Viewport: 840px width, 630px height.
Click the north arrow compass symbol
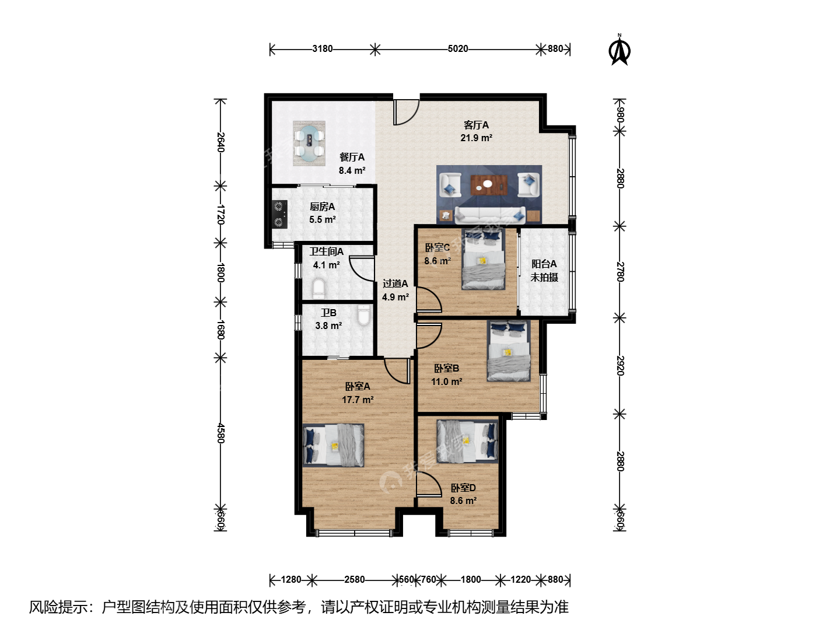pyautogui.click(x=619, y=50)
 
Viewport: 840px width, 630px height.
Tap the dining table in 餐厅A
pyautogui.click(x=309, y=143)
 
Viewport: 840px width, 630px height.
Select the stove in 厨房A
pyautogui.click(x=279, y=214)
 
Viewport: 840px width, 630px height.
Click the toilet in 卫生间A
pyautogui.click(x=318, y=289)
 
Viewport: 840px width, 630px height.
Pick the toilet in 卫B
pyautogui.click(x=363, y=315)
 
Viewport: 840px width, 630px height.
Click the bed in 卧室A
pyautogui.click(x=333, y=445)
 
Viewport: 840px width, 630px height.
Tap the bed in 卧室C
pyautogui.click(x=484, y=259)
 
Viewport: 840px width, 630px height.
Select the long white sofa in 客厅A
pyautogui.click(x=489, y=215)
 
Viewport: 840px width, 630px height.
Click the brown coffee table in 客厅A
pyautogui.click(x=489, y=185)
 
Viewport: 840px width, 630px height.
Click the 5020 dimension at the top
pyautogui.click(x=458, y=49)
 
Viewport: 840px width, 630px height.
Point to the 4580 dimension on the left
pyautogui.click(x=220, y=433)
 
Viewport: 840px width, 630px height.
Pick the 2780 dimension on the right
pyautogui.click(x=620, y=272)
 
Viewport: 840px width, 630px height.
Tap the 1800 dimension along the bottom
pyautogui.click(x=471, y=579)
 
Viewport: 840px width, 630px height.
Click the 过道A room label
pyautogui.click(x=395, y=284)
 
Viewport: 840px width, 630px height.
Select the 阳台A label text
pyautogui.click(x=544, y=264)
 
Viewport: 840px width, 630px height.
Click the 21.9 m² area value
pyautogui.click(x=477, y=138)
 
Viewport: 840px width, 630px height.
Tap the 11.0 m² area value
pyautogui.click(x=447, y=381)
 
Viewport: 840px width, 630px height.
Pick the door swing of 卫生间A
pyautogui.click(x=362, y=269)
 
